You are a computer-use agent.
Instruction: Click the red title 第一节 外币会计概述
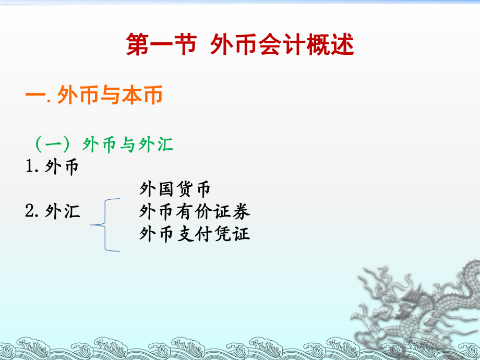(x=240, y=45)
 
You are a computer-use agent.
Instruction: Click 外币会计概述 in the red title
(x=283, y=45)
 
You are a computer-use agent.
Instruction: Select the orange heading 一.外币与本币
(x=94, y=95)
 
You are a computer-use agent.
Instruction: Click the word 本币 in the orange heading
(x=146, y=95)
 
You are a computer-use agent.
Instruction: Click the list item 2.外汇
(x=53, y=211)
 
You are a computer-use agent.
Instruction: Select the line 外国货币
(x=175, y=189)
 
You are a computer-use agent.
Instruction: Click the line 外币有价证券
(x=195, y=211)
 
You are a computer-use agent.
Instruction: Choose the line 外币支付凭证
(x=195, y=234)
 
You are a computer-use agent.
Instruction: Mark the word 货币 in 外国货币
(x=194, y=189)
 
